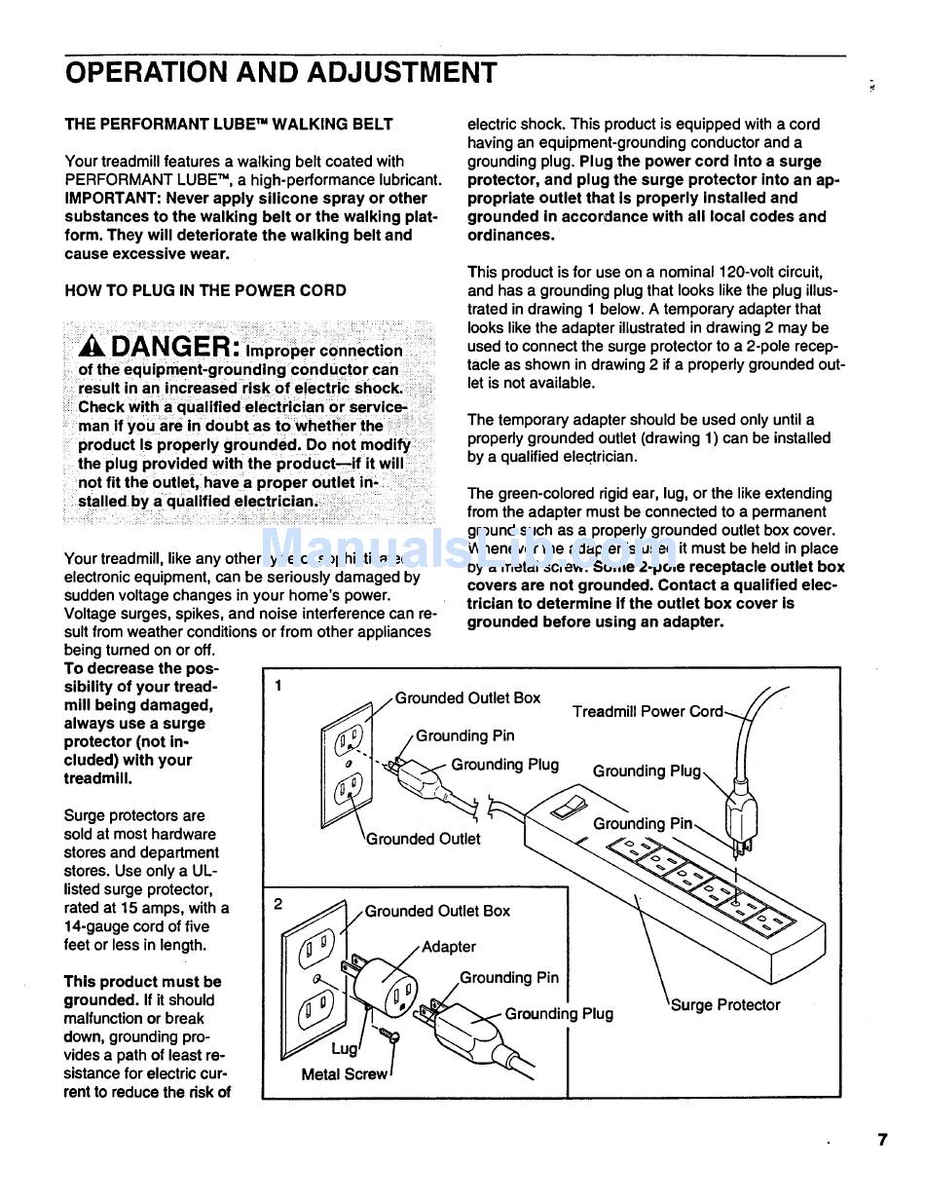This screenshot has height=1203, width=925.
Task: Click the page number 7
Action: tap(882, 1140)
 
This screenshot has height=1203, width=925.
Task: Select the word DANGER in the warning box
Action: tap(169, 346)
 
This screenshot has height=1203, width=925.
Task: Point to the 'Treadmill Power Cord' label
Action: tap(647, 711)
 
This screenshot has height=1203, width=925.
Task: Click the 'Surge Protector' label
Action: tap(725, 1004)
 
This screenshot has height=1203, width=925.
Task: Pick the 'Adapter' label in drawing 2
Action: tap(449, 946)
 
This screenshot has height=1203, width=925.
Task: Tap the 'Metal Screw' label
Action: tap(344, 1074)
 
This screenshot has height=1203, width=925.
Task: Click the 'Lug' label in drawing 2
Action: tap(345, 1048)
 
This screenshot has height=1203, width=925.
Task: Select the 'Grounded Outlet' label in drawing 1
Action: tap(423, 839)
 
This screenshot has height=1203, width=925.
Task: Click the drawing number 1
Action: tap(278, 685)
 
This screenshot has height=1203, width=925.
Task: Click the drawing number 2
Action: tap(278, 903)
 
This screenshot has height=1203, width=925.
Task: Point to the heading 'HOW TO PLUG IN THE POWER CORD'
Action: tap(204, 290)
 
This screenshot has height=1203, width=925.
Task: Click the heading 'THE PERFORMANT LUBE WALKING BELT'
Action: tap(229, 125)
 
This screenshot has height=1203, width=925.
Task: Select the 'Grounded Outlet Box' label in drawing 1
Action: tap(467, 697)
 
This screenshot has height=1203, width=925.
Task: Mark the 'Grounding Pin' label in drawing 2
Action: tap(509, 977)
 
